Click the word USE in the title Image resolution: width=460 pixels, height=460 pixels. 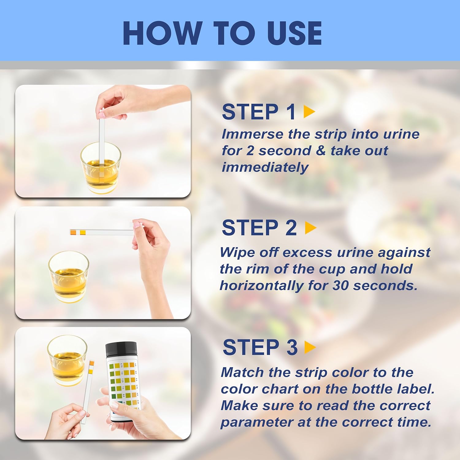pyautogui.click(x=294, y=33)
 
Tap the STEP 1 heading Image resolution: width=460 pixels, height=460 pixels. pyautogui.click(x=259, y=112)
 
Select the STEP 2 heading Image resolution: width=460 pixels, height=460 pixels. pyautogui.click(x=259, y=228)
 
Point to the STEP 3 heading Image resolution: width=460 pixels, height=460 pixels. pyautogui.click(x=260, y=347)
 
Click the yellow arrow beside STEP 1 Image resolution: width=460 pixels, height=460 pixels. pyautogui.click(x=309, y=112)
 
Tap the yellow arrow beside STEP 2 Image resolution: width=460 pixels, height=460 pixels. pyautogui.click(x=311, y=228)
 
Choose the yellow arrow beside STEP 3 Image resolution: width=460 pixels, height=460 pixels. pyautogui.click(x=310, y=347)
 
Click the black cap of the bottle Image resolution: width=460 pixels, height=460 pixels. pyautogui.click(x=121, y=350)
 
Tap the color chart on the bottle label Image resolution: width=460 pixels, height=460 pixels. pyautogui.click(x=123, y=383)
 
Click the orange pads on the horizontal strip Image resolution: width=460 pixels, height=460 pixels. pyautogui.click(x=78, y=232)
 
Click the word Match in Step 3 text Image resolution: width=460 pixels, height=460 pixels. pyautogui.click(x=242, y=373)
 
